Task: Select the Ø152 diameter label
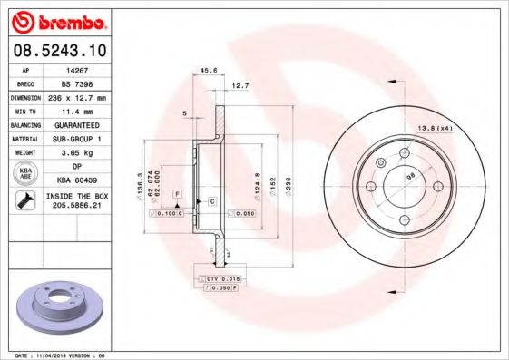click(x=271, y=186)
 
